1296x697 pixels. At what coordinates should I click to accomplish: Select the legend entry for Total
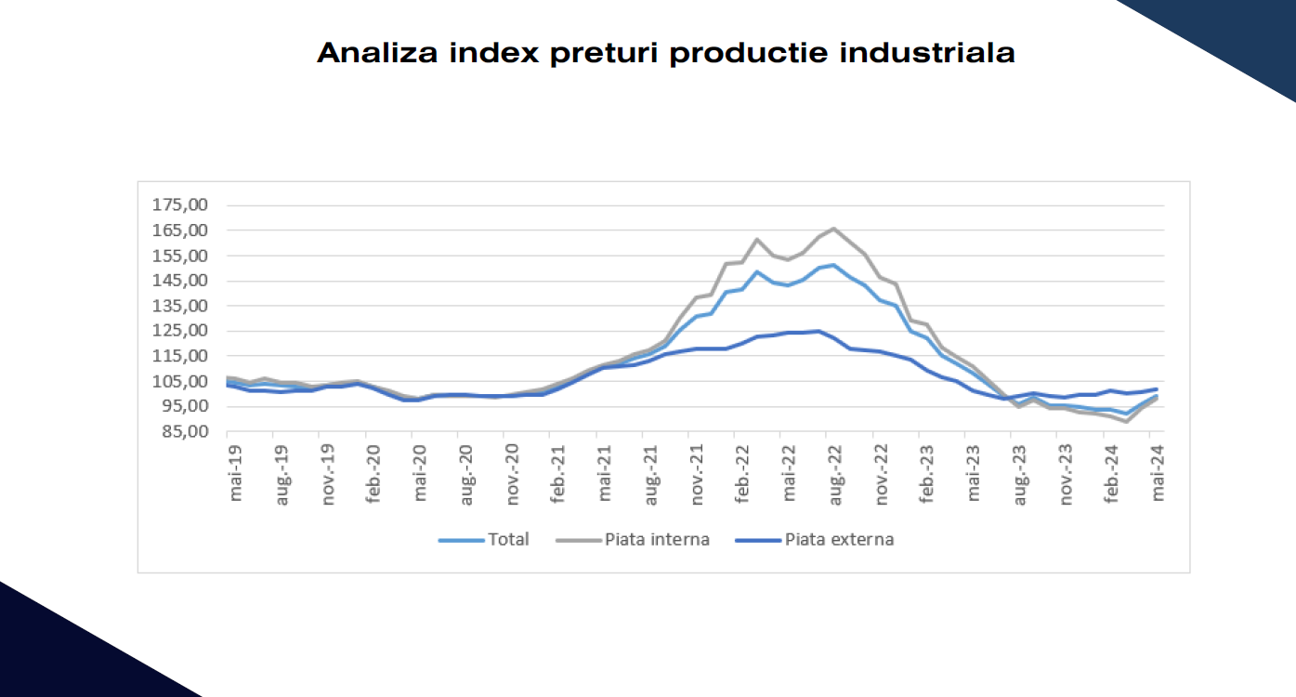tap(508, 539)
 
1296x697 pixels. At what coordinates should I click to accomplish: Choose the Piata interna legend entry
tap(657, 539)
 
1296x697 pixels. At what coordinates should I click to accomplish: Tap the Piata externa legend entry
tap(839, 539)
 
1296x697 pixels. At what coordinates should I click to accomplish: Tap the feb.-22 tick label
tap(742, 474)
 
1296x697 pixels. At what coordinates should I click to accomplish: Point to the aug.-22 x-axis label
tap(835, 474)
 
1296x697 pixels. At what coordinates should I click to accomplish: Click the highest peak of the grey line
tap(833, 229)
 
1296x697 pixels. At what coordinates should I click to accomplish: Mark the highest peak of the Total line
tap(833, 265)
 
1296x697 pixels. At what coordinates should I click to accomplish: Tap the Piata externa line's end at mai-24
tap(1157, 389)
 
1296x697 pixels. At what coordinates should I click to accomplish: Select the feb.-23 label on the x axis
tap(927, 474)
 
